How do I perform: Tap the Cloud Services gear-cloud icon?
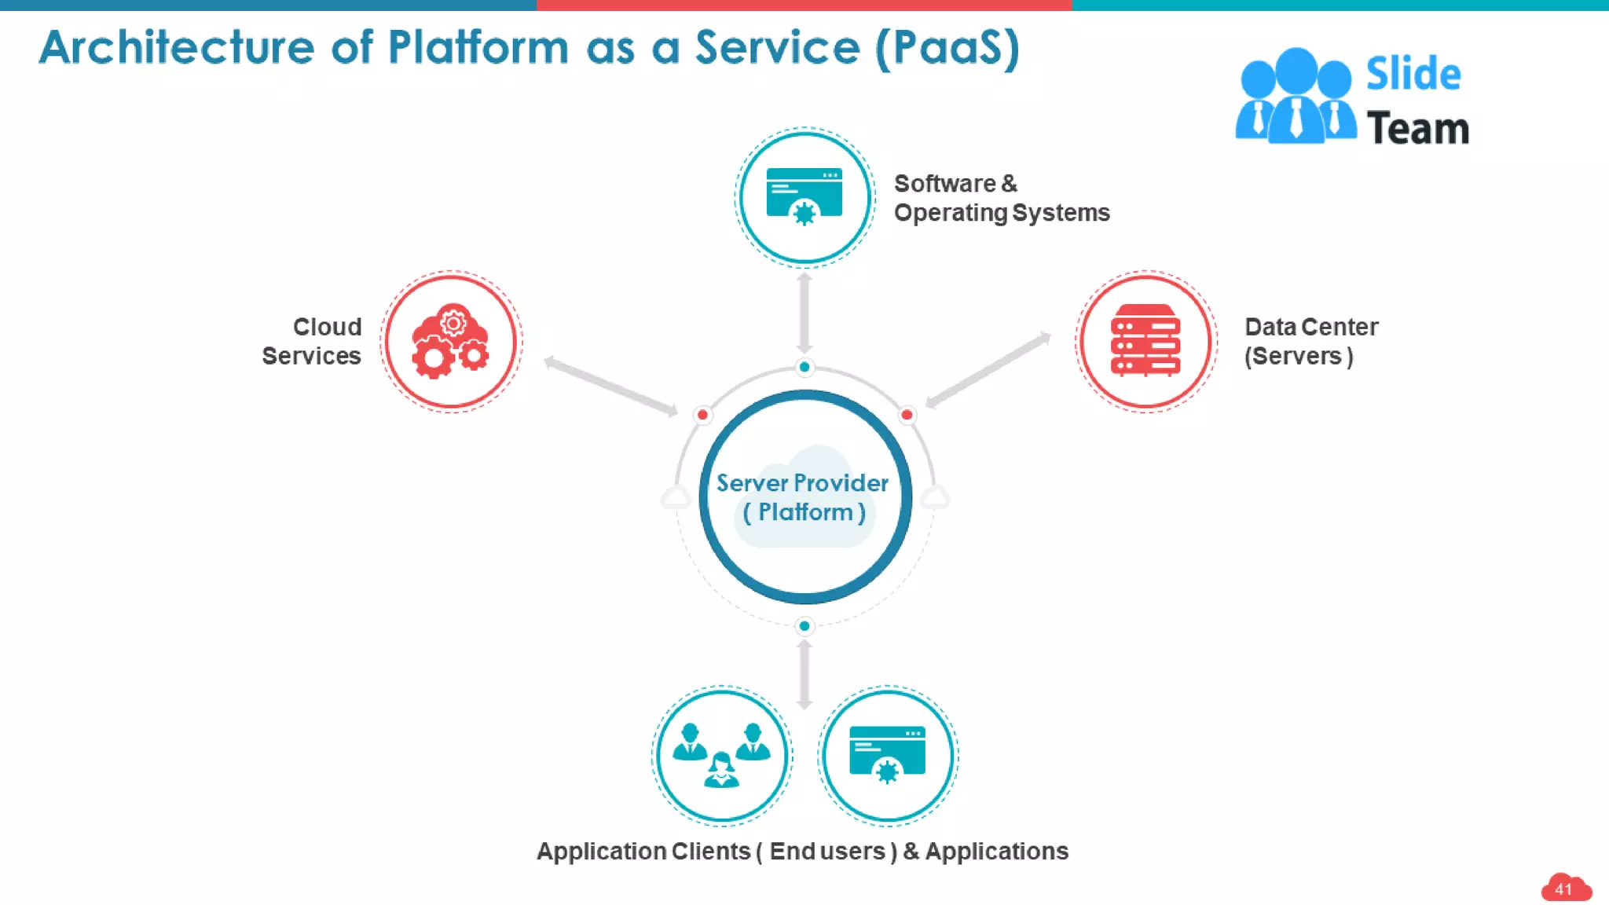(451, 342)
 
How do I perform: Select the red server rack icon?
(1145, 341)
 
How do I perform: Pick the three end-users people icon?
(721, 755)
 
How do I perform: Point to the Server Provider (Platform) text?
(803, 497)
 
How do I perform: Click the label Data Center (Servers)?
(1310, 342)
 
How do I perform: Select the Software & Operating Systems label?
(1001, 198)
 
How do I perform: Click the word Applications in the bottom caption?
(996, 851)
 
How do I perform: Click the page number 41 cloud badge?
(1564, 889)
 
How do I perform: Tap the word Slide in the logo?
(1413, 74)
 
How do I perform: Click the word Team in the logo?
(1417, 129)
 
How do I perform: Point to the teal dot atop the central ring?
(804, 367)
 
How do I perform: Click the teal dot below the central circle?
(804, 626)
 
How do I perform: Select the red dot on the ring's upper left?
(702, 415)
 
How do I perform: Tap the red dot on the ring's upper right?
(907, 415)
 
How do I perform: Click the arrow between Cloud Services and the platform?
(610, 386)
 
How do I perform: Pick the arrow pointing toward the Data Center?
(988, 370)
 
